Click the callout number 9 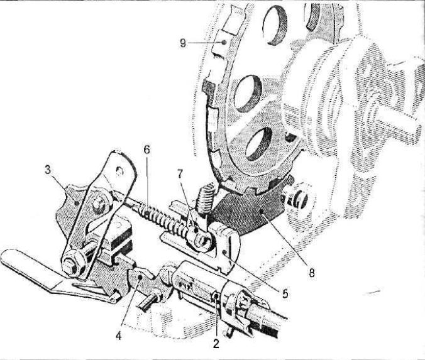pos(183,43)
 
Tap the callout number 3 pos(48,171)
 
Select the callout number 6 pos(146,150)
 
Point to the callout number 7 pos(180,175)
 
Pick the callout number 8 pos(312,273)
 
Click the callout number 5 pos(285,293)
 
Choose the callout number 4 pos(118,336)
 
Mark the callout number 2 pos(216,344)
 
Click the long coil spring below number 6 pos(163,220)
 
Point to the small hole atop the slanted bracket pos(119,171)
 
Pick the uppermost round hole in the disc pos(275,24)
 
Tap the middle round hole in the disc pos(248,94)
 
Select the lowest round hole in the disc pos(258,144)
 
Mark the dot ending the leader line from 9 pos(224,42)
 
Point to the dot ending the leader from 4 pos(140,277)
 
